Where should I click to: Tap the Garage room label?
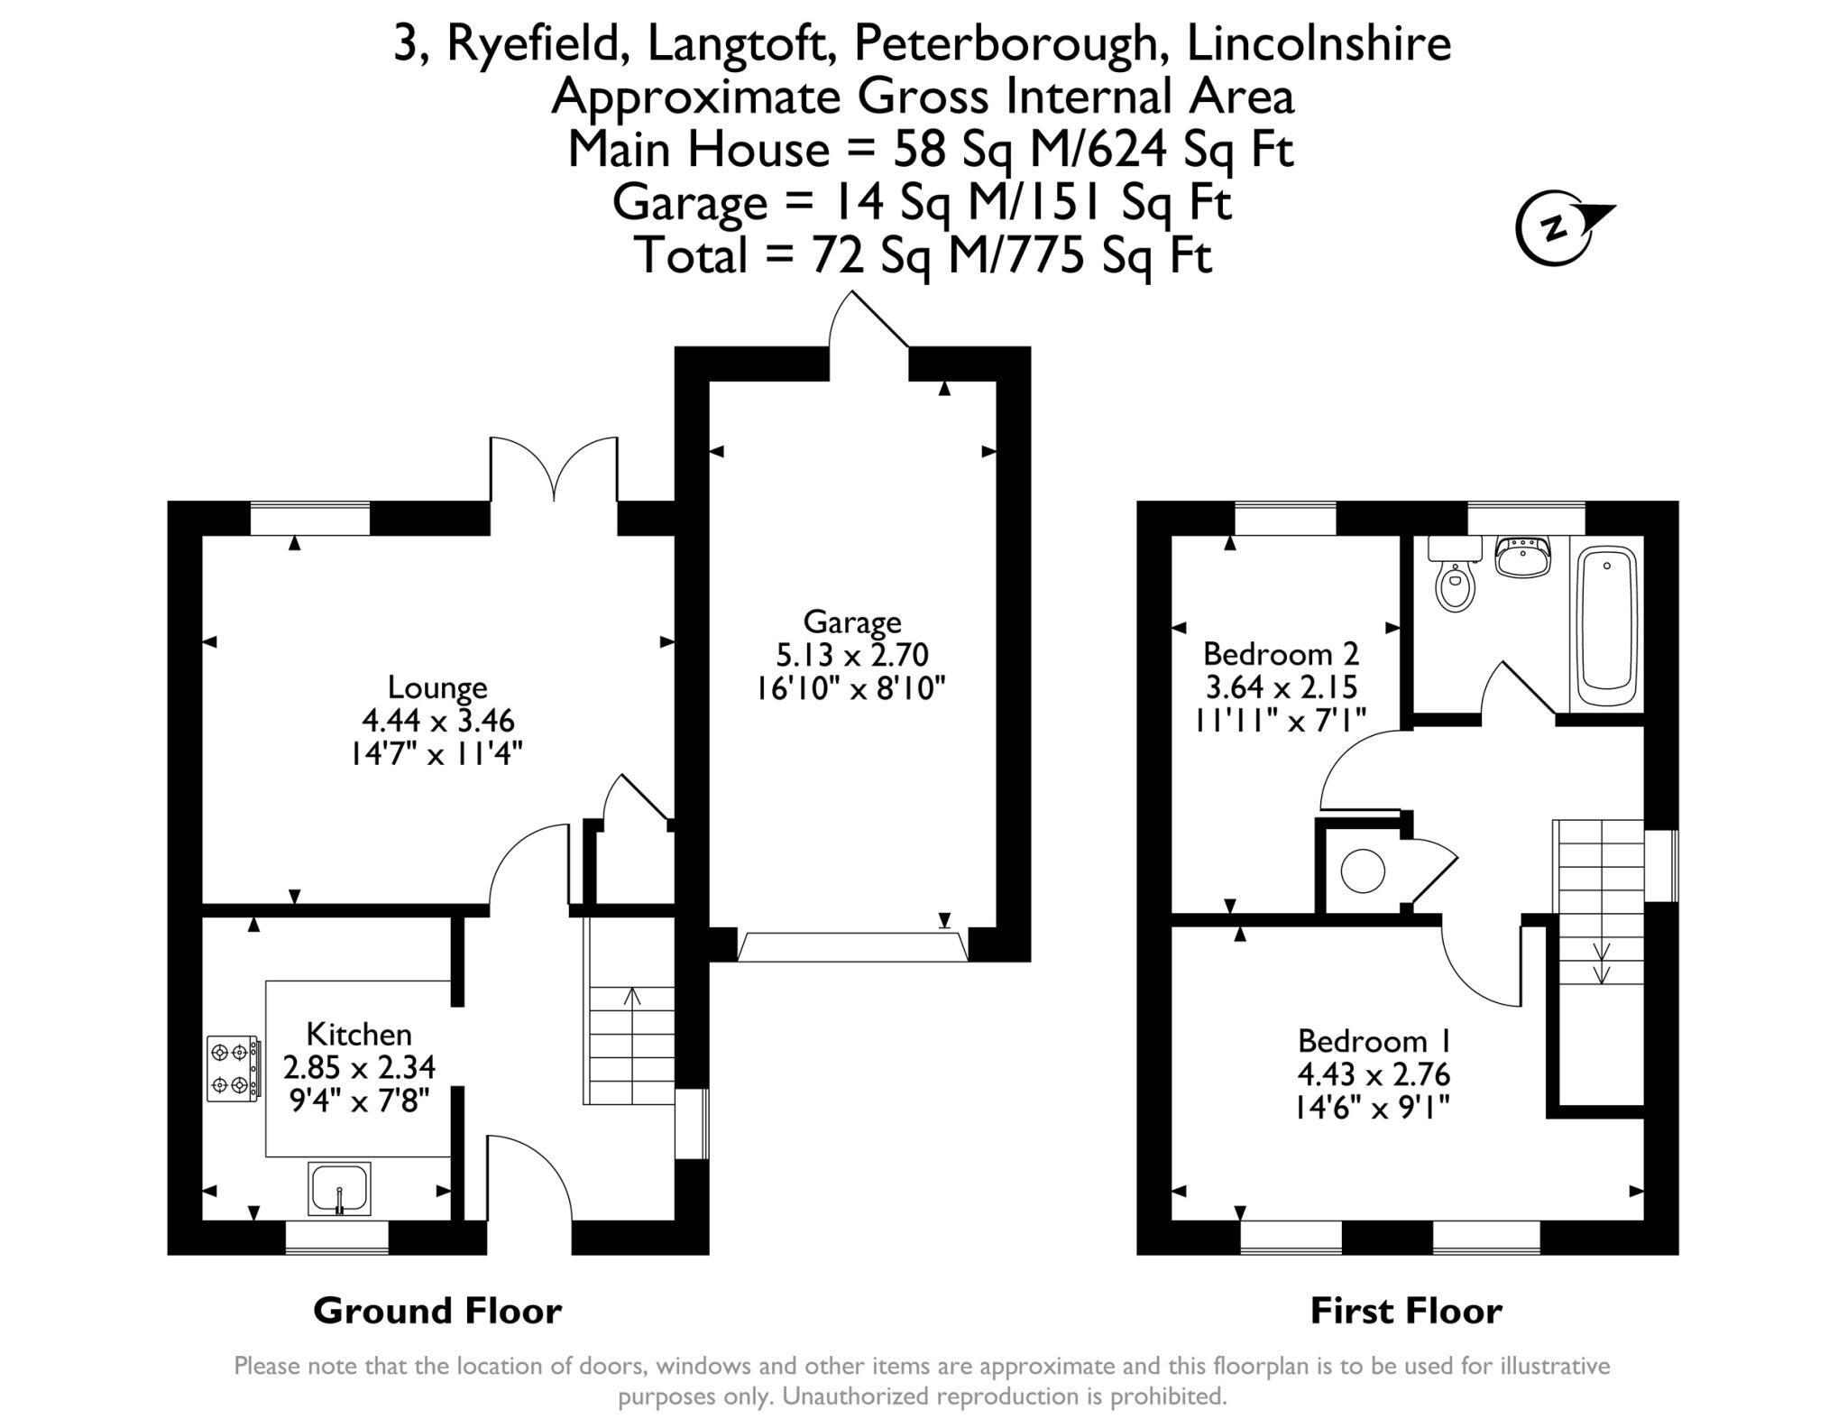tap(852, 622)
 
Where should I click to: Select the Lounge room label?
tap(437, 687)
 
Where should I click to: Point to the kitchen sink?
tap(339, 1188)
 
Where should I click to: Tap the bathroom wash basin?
tap(1522, 556)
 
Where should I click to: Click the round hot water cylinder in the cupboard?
tap(1363, 871)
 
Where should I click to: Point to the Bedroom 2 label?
tap(1281, 652)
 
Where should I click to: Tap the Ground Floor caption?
tap(437, 1311)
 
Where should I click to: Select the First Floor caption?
tap(1406, 1311)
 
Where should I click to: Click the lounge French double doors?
tap(554, 468)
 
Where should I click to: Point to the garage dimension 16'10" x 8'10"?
tap(850, 688)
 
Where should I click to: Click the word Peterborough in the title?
tap(1006, 43)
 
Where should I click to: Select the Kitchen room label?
tap(359, 1034)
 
